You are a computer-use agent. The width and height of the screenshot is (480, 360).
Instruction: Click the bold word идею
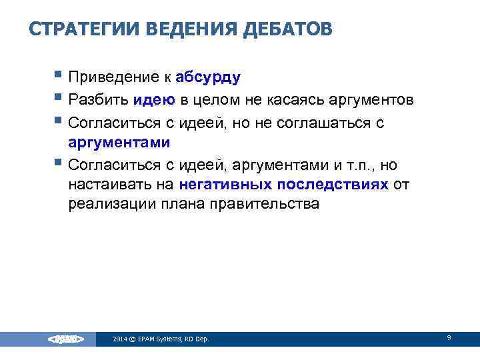click(153, 100)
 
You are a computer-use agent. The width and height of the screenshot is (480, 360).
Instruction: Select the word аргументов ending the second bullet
click(369, 100)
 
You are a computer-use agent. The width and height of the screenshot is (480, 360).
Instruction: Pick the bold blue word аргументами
click(119, 142)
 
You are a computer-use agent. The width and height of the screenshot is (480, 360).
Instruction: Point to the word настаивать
click(105, 184)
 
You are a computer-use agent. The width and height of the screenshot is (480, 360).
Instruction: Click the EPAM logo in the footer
click(65, 339)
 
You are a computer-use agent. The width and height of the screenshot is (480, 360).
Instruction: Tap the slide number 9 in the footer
click(449, 338)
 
